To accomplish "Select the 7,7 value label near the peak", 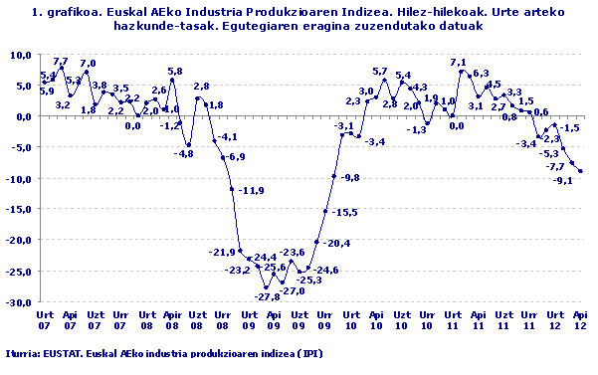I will coord(60,62).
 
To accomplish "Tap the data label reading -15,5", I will coord(345,213).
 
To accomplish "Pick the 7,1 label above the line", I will coord(459,63).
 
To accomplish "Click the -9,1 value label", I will coord(562,180).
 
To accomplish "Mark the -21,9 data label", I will coord(222,252).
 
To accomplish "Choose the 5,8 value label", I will coord(174,72).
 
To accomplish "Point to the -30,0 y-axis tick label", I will coord(20,301).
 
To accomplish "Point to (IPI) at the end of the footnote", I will coord(308,354).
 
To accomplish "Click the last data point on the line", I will coord(580,171).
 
